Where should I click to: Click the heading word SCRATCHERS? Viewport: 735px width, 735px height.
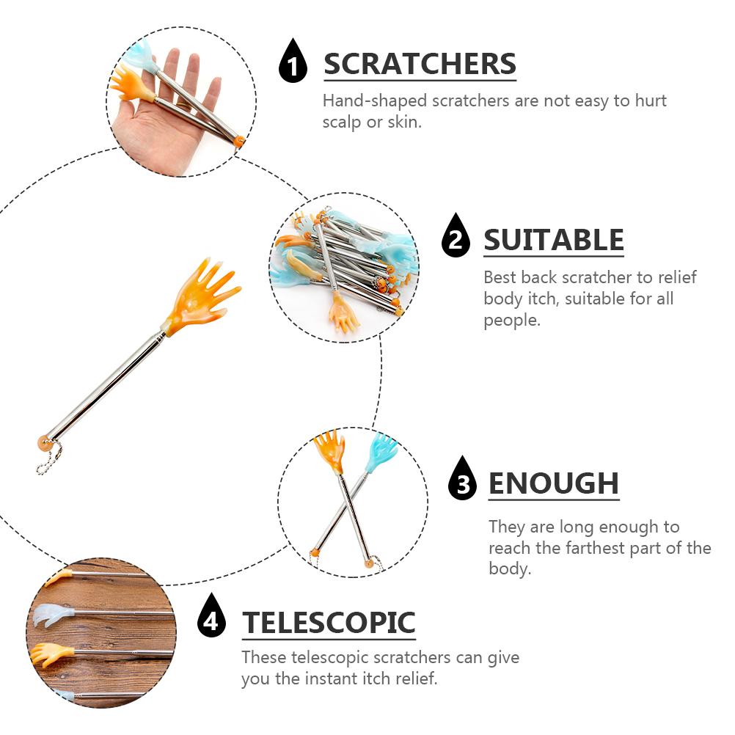420,65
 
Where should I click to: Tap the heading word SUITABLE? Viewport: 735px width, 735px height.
553,240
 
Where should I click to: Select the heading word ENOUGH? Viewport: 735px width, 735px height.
553,484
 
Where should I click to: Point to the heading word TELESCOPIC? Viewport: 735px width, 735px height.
329,623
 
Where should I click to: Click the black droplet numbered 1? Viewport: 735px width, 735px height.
293,63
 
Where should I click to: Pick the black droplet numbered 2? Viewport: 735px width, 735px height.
456,238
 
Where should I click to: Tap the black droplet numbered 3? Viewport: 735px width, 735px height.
462,480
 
